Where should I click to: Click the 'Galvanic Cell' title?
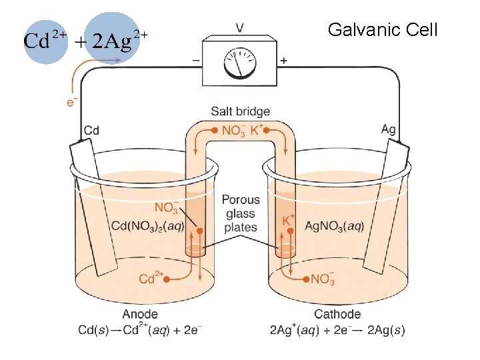[x=383, y=30]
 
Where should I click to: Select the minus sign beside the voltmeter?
[x=196, y=60]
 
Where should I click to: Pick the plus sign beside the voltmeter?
[x=284, y=60]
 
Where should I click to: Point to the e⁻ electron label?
[x=71, y=101]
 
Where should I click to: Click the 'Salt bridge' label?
[x=240, y=111]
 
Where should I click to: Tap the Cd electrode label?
[x=91, y=130]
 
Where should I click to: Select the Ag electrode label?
[x=388, y=129]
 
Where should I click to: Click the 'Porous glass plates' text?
[x=241, y=213]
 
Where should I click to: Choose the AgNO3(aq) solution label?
[x=334, y=226]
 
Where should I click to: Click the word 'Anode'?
[x=140, y=314]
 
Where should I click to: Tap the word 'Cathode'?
[x=337, y=314]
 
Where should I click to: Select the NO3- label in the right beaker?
[x=323, y=278]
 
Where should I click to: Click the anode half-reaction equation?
[x=141, y=329]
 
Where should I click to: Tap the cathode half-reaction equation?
[x=337, y=329]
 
